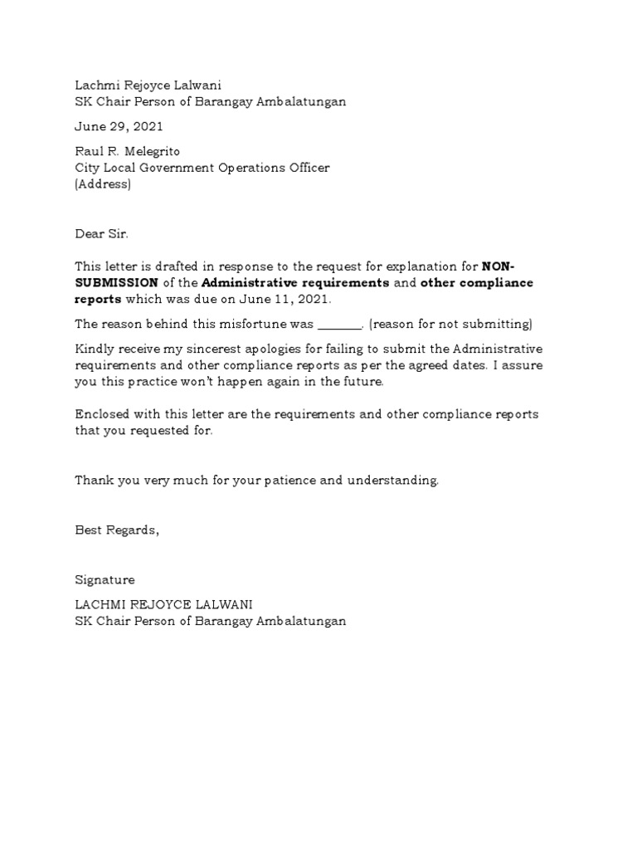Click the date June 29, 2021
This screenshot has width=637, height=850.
point(119,127)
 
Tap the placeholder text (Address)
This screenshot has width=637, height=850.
point(103,183)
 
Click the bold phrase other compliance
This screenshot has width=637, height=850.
point(477,283)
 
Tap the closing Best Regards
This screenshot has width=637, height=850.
point(116,530)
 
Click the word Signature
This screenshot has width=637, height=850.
point(105,579)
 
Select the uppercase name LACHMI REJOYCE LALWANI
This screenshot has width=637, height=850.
point(163,604)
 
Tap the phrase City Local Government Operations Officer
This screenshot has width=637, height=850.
point(202,168)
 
